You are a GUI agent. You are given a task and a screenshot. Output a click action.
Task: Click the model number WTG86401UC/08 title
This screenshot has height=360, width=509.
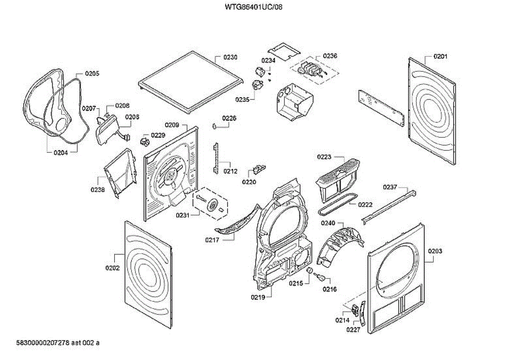[254, 7]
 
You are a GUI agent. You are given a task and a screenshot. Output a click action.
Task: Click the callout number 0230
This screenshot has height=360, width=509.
[230, 57]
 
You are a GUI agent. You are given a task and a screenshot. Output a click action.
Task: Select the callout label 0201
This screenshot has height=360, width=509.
[440, 56]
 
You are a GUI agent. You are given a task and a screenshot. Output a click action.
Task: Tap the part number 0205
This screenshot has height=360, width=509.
[92, 73]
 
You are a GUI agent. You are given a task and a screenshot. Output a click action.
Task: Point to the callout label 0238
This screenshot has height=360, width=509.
[97, 190]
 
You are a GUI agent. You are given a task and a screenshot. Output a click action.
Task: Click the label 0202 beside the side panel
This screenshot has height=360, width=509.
[112, 268]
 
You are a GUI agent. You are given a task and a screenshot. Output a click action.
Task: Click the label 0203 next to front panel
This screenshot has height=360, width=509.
[435, 251]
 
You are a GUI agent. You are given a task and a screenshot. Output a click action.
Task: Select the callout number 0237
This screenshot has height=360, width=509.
[390, 187]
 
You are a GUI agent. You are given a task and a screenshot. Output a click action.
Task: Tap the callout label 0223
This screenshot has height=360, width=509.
[324, 157]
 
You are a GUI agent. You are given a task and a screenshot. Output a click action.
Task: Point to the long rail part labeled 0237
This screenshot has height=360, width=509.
[388, 206]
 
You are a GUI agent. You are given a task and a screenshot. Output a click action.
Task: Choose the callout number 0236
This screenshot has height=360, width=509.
[330, 56]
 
